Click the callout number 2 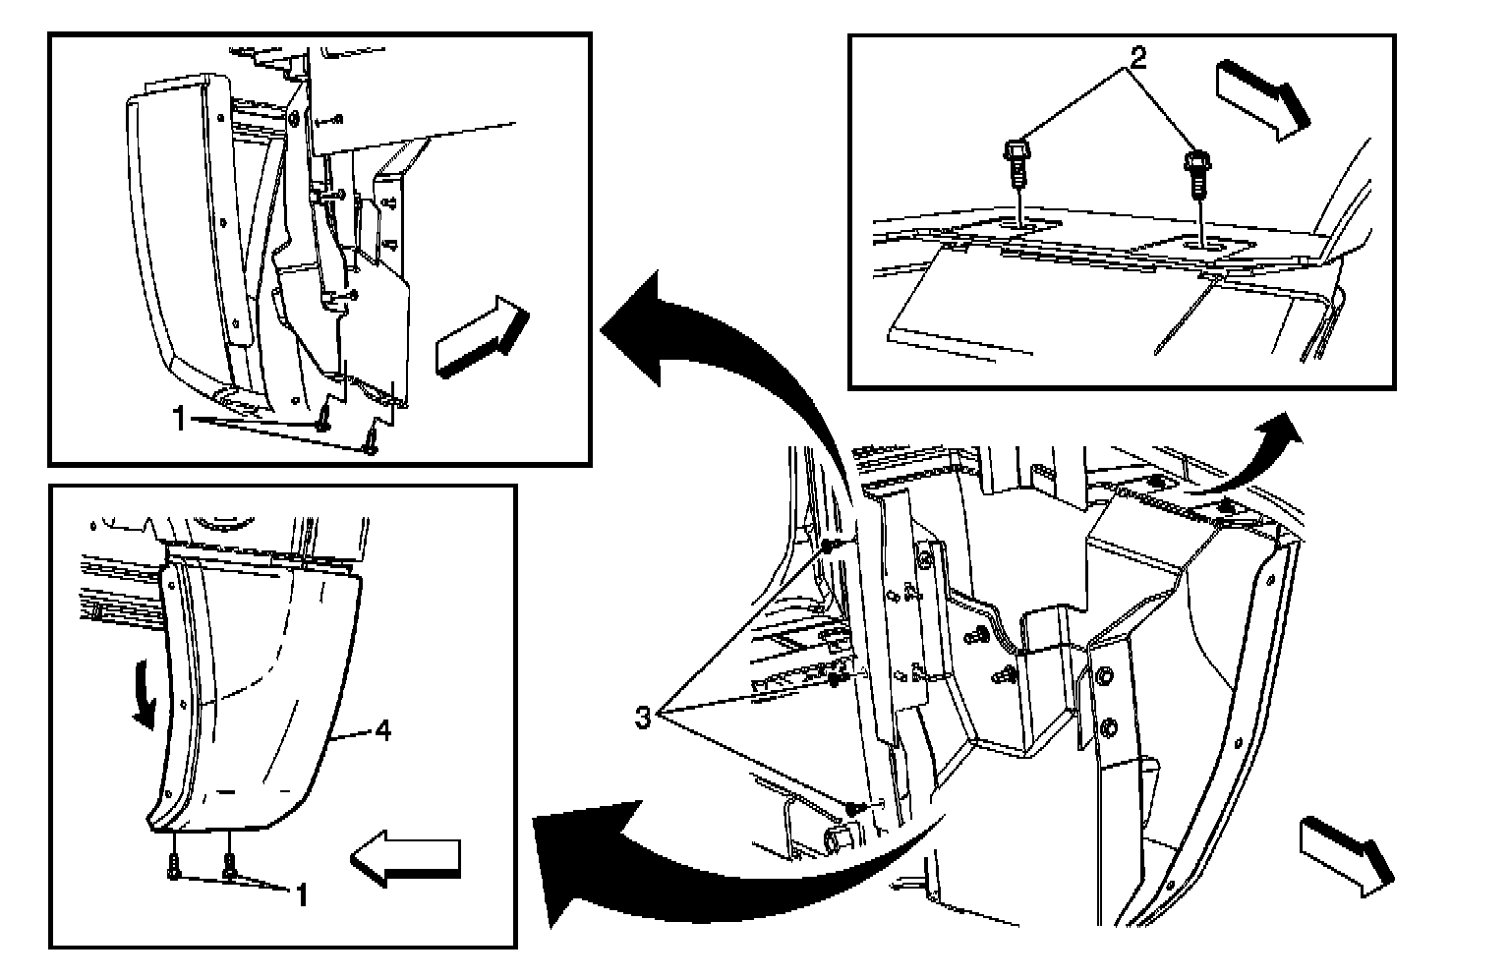(x=1136, y=58)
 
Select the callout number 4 (x=383, y=730)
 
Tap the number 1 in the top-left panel (x=179, y=421)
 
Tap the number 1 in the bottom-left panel (x=302, y=894)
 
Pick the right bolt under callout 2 (x=1197, y=172)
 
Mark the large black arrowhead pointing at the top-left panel (x=644, y=324)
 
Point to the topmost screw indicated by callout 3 (x=831, y=546)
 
